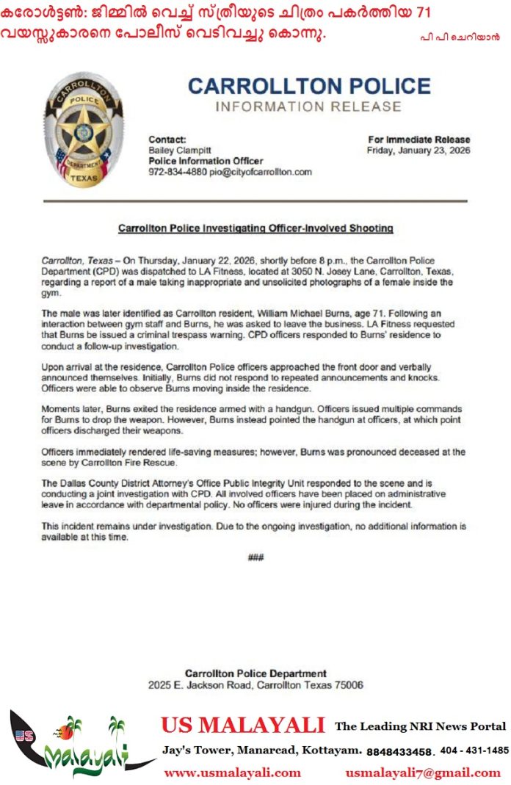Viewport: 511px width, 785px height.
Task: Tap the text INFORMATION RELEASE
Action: coord(308,107)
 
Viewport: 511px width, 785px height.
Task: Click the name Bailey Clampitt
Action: coord(178,150)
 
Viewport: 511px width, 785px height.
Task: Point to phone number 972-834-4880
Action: coord(175,172)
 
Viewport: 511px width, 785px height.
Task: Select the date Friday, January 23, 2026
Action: coord(418,151)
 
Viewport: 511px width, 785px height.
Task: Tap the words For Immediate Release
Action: coord(418,140)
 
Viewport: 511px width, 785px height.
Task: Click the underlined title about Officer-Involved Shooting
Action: coord(255,228)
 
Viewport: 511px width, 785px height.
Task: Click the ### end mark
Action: coord(255,557)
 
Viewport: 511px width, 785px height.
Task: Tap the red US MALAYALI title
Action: coord(243,726)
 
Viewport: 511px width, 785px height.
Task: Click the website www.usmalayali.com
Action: coord(232,773)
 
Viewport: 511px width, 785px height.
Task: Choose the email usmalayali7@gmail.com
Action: coord(423,773)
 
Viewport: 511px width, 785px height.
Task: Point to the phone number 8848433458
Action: coord(400,751)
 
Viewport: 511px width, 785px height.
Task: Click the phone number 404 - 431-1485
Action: coord(474,750)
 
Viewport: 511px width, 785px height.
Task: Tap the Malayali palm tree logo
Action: coord(81,745)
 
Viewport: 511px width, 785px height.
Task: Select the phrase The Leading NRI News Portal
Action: coord(420,726)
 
